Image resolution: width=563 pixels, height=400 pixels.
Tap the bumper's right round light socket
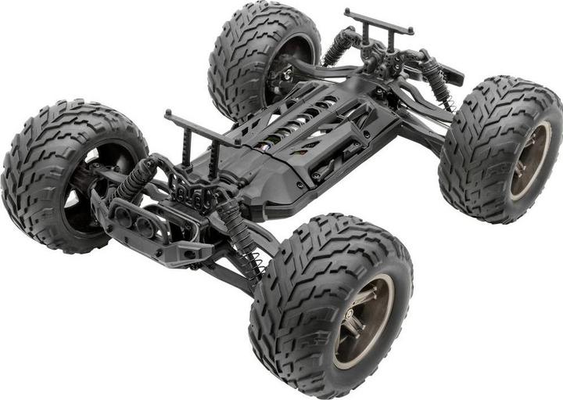(145, 225)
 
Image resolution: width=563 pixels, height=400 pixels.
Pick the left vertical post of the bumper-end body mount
(185, 149)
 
